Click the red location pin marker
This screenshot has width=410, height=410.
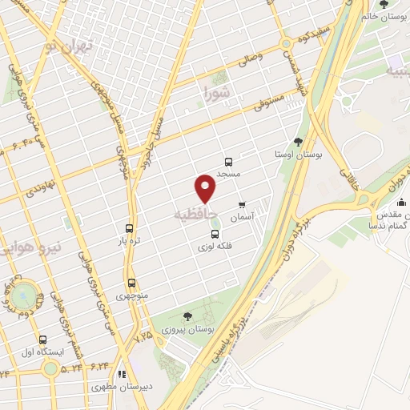(x=206, y=189)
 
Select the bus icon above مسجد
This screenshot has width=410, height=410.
(x=229, y=161)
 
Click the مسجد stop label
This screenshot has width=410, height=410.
(x=228, y=173)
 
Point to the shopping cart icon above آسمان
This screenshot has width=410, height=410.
(x=242, y=204)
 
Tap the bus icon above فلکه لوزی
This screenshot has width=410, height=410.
(x=214, y=234)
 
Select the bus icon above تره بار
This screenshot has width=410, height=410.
(x=130, y=227)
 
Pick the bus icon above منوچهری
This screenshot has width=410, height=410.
(x=131, y=283)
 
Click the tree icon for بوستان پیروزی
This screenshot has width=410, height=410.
(x=187, y=317)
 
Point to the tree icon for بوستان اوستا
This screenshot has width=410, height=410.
(x=298, y=142)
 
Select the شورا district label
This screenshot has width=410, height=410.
(x=215, y=94)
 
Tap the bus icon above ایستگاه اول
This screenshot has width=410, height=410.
(x=42, y=340)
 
